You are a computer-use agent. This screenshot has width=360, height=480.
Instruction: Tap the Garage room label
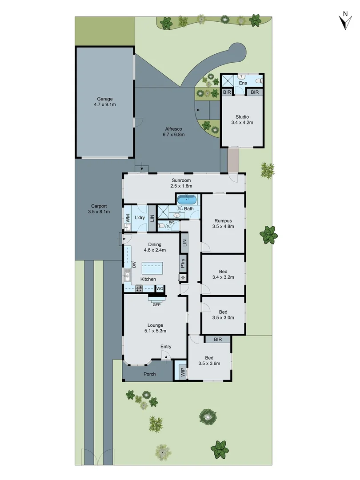tap(105, 99)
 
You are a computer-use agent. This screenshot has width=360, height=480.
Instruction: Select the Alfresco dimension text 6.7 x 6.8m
tap(173, 135)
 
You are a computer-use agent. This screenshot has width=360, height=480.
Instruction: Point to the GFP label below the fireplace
tap(156, 305)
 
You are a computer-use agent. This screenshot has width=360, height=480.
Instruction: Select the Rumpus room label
tap(223, 220)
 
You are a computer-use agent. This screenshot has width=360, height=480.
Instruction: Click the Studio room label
tap(242, 117)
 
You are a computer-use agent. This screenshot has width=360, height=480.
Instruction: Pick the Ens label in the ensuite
tap(243, 83)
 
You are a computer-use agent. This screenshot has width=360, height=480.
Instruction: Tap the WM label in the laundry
tap(128, 218)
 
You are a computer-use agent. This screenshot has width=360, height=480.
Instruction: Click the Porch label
tap(150, 374)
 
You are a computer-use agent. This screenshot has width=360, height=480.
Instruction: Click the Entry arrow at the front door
tap(166, 355)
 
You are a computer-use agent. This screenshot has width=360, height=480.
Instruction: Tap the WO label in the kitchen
tap(160, 288)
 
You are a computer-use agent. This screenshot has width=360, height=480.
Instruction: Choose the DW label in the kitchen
tap(134, 264)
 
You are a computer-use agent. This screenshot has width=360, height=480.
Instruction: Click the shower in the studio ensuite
tap(229, 81)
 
